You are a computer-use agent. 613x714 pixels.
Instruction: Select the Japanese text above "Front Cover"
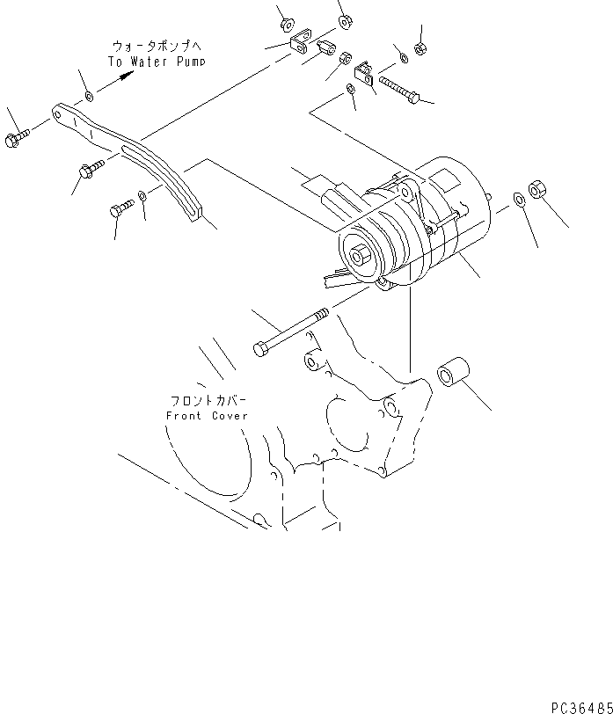click(x=208, y=398)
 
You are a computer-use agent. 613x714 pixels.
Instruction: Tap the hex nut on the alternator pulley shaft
click(x=361, y=256)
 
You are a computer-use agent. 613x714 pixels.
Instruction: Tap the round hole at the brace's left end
click(x=59, y=112)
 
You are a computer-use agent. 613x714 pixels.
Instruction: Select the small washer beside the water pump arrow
click(x=89, y=95)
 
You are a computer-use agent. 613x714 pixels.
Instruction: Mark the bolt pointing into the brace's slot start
click(x=91, y=171)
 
